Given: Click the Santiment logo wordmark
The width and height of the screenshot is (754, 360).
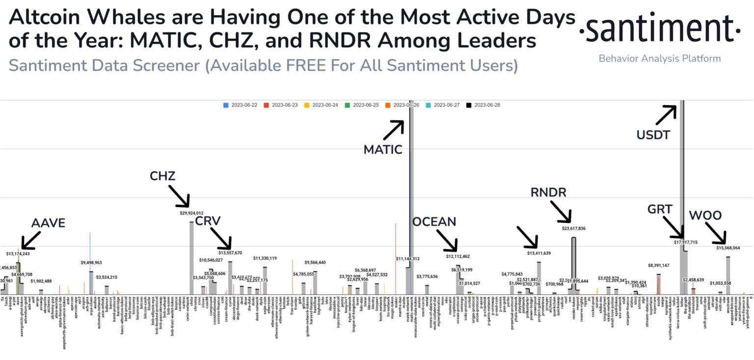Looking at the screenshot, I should [x=659, y=29].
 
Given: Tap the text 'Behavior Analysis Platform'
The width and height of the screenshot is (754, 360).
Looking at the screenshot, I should [x=659, y=58].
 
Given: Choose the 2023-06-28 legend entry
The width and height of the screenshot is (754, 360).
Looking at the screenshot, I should [x=483, y=105].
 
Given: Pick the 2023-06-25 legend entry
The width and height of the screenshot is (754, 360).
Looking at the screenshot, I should [x=362, y=105].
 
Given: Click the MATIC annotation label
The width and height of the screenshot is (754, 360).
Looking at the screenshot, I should [x=383, y=149].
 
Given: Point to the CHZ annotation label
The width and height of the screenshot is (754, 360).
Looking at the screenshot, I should [x=162, y=176].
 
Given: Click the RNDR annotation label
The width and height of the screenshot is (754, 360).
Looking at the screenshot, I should [x=548, y=192].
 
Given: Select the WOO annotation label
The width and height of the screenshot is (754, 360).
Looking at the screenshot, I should [x=705, y=215].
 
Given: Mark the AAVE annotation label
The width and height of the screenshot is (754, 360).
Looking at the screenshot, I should [x=48, y=222].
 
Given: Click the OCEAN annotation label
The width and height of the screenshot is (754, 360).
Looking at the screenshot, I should [x=434, y=222].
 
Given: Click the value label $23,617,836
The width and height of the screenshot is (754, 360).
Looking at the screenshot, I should [x=573, y=228].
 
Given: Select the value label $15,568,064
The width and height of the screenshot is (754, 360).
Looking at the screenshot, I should [x=728, y=248].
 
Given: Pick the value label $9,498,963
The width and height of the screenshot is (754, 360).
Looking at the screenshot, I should [x=91, y=263].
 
